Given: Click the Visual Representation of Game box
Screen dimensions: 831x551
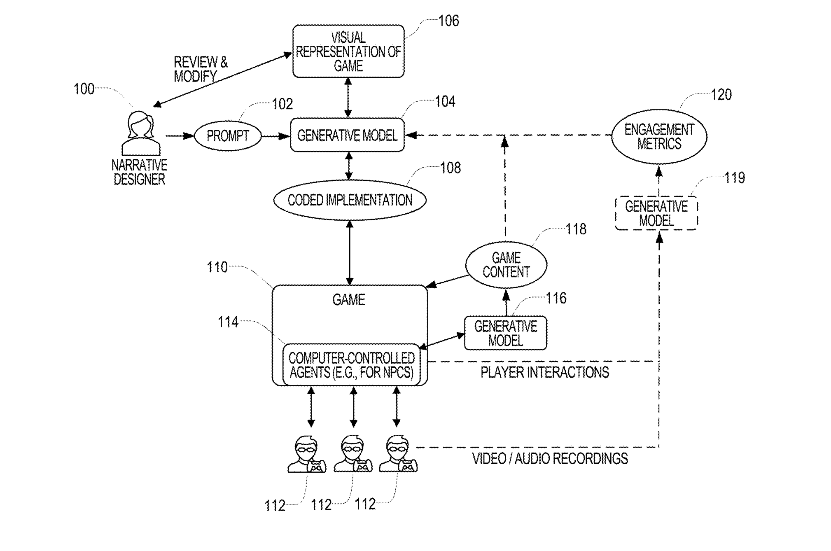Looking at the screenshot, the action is pyautogui.click(x=348, y=51).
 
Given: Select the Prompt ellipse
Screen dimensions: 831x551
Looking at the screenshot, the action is pyautogui.click(x=228, y=136).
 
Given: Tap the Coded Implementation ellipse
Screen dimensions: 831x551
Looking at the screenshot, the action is pyautogui.click(x=350, y=200).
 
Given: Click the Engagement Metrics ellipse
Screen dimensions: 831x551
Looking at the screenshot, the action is pyautogui.click(x=659, y=136).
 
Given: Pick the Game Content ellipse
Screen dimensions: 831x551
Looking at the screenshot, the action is pyautogui.click(x=506, y=265).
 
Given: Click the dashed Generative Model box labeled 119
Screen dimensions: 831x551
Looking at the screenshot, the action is pyautogui.click(x=656, y=213).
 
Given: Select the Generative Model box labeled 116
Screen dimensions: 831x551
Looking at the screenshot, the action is pyautogui.click(x=506, y=333).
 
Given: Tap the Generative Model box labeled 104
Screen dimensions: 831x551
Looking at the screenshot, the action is pyautogui.click(x=347, y=135).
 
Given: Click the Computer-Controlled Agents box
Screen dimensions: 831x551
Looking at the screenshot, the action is pyautogui.click(x=351, y=365).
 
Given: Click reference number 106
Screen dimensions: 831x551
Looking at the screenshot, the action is pyautogui.click(x=448, y=21).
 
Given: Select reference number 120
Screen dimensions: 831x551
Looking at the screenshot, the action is pyautogui.click(x=721, y=95).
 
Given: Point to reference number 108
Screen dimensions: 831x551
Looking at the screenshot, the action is pyautogui.click(x=451, y=168).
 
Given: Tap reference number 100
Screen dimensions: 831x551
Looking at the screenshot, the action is pyautogui.click(x=84, y=89).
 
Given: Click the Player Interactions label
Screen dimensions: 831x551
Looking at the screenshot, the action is pyautogui.click(x=544, y=372).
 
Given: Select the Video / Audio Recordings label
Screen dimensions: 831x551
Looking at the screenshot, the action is pyautogui.click(x=550, y=458).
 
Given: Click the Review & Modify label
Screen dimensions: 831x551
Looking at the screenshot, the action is pyautogui.click(x=201, y=69).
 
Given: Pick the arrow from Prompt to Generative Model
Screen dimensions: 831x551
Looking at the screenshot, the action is pyautogui.click(x=276, y=136).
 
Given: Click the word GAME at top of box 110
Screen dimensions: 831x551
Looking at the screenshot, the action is pyautogui.click(x=349, y=299).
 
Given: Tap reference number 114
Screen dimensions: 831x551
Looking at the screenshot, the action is pyautogui.click(x=228, y=322).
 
